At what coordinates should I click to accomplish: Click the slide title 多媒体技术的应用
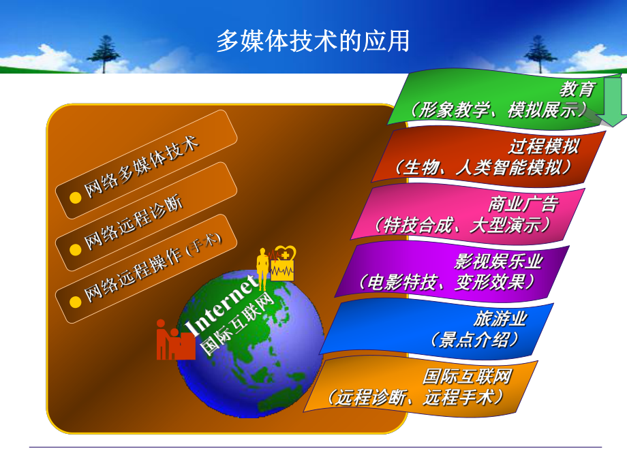tap(313, 41)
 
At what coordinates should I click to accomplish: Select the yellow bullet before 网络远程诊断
tap(76, 249)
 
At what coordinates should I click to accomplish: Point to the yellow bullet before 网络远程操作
tap(76, 300)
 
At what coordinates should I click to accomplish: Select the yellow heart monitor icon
tap(282, 263)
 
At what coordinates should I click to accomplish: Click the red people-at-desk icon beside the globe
tap(174, 340)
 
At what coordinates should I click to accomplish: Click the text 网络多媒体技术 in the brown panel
tap(140, 168)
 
